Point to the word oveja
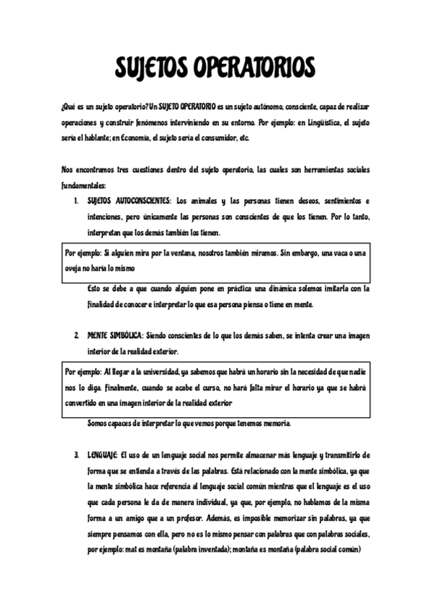coord(75,267)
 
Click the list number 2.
coord(76,336)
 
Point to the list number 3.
coord(76,455)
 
